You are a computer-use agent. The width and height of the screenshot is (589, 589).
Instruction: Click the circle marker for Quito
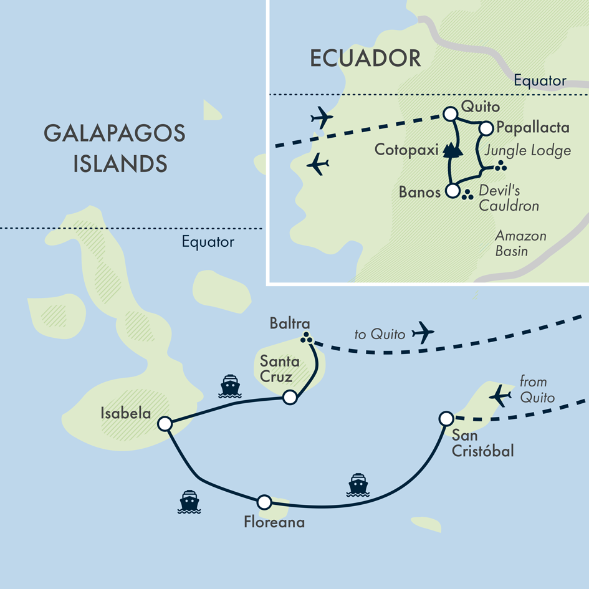[449, 113]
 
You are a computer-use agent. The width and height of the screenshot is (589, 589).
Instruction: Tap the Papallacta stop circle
[486, 128]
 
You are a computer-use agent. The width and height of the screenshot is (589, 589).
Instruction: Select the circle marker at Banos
[453, 191]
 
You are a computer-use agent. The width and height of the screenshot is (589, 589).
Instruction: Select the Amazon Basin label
[520, 243]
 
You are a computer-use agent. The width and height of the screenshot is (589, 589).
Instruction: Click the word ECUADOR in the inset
[365, 59]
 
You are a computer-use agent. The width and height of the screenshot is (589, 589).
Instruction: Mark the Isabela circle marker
[165, 424]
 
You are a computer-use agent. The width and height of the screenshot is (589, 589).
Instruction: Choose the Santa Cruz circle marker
[289, 398]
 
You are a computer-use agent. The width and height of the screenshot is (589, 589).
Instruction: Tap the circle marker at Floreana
[264, 502]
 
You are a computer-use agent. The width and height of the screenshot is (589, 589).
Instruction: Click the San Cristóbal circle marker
[446, 418]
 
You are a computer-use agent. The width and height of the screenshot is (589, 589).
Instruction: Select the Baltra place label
[290, 324]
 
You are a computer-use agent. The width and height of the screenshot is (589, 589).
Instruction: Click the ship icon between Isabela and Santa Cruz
[230, 386]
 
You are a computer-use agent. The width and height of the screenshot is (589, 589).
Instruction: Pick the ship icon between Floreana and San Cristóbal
[358, 485]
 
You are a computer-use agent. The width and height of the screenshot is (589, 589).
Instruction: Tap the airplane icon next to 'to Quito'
[424, 332]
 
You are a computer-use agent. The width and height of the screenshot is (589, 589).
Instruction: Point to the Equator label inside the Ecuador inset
[540, 80]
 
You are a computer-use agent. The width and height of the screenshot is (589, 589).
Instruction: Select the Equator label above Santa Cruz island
[208, 242]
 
